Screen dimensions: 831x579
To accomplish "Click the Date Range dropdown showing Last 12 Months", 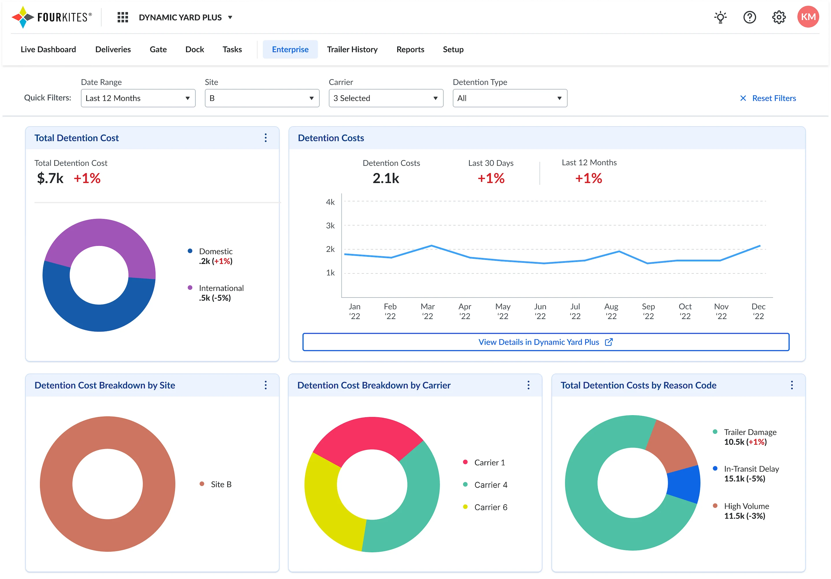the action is pos(138,98).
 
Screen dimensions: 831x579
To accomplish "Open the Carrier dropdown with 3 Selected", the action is pos(386,98).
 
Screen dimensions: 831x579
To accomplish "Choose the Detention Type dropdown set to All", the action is pos(510,98).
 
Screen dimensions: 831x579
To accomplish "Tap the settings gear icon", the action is pos(778,17).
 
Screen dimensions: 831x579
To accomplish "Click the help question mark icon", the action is pos(750,17).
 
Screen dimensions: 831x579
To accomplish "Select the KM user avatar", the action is pos(808,17).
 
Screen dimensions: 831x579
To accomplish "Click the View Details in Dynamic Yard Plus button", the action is pos(546,342).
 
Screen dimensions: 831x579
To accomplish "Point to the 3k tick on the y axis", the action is pos(330,226).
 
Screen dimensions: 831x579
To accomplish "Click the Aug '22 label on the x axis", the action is pos(611,311).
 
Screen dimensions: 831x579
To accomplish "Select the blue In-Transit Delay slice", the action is pos(683,484).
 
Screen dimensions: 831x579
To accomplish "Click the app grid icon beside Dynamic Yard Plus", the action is pos(123,17).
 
